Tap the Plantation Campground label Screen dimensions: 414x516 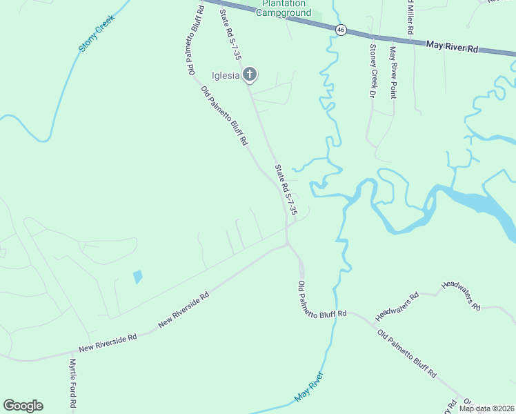pos(284,8)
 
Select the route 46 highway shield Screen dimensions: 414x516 pos(341,30)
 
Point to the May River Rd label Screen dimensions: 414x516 pos(452,46)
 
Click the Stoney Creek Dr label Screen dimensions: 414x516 pos(373,71)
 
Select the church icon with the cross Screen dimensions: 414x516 pos(249,75)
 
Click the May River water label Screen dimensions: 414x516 pos(308,387)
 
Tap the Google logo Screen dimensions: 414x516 pos(23,406)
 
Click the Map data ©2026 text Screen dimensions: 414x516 pos(486,408)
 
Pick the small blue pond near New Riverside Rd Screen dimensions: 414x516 pos(138,277)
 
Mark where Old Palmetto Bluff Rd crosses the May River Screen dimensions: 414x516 pos(335,311)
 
